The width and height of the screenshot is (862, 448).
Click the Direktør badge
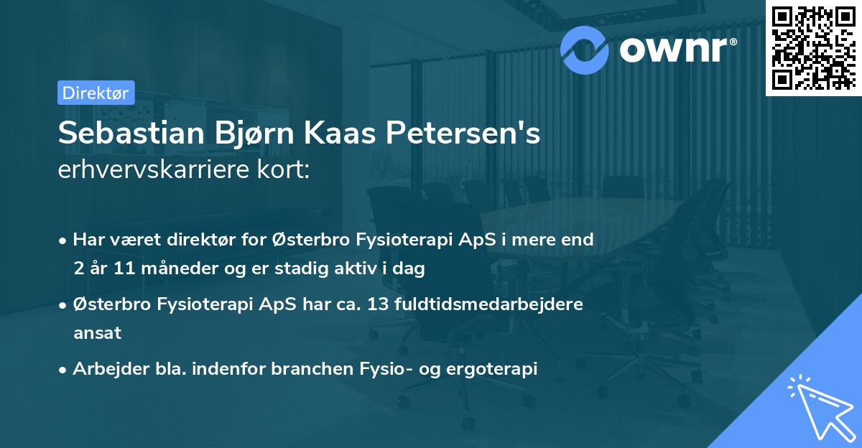[96, 92]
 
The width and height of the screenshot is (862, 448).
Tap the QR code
[812, 48]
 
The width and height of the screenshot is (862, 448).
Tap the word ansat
[96, 333]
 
